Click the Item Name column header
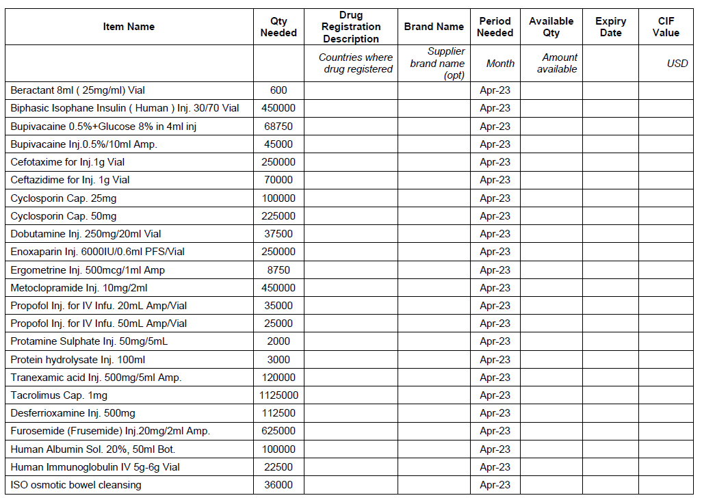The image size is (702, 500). coord(129,27)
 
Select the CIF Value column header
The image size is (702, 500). coord(666,27)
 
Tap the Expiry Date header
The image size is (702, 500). coord(610,27)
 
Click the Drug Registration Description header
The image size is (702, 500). coord(351,27)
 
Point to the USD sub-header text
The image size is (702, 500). coord(677,64)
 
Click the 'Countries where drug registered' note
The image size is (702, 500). coord(356,63)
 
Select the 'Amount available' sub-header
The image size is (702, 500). coord(557,63)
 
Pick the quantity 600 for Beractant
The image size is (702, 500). coord(278,90)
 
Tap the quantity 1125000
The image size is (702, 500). coord(278,395)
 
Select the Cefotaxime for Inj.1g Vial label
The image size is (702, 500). coord(68,162)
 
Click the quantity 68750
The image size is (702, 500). coord(278,127)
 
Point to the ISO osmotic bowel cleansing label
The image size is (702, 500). coord(76,485)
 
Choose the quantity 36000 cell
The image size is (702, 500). coord(278,485)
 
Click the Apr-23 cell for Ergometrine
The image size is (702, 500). coord(495,270)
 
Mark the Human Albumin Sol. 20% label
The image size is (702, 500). coord(93,449)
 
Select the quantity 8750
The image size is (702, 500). coord(278,270)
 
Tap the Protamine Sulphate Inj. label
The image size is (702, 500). coord(89,341)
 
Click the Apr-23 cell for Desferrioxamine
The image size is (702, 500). coord(495,413)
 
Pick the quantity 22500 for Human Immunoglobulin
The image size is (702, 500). coord(278,467)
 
